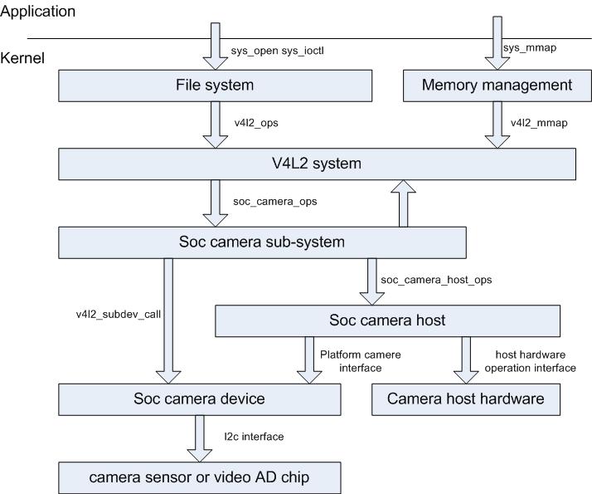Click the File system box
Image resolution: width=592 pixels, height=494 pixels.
(x=214, y=85)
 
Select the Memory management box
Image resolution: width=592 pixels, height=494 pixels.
(x=497, y=85)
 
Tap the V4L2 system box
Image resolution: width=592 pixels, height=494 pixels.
(x=318, y=164)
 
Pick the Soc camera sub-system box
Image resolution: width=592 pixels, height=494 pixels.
(x=262, y=242)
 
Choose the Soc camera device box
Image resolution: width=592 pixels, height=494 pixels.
(x=200, y=399)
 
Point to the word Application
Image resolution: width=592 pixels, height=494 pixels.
(x=38, y=12)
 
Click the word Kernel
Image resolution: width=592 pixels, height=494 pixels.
(x=22, y=58)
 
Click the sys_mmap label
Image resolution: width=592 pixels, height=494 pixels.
(x=529, y=48)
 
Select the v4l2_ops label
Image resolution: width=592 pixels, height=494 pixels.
(x=256, y=123)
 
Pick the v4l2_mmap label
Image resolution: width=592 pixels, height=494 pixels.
(x=539, y=123)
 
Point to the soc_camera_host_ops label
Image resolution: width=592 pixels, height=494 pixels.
(x=436, y=280)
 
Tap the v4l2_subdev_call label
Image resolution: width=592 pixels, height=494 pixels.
(x=114, y=313)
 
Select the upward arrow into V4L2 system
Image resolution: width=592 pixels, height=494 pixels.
(x=404, y=203)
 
